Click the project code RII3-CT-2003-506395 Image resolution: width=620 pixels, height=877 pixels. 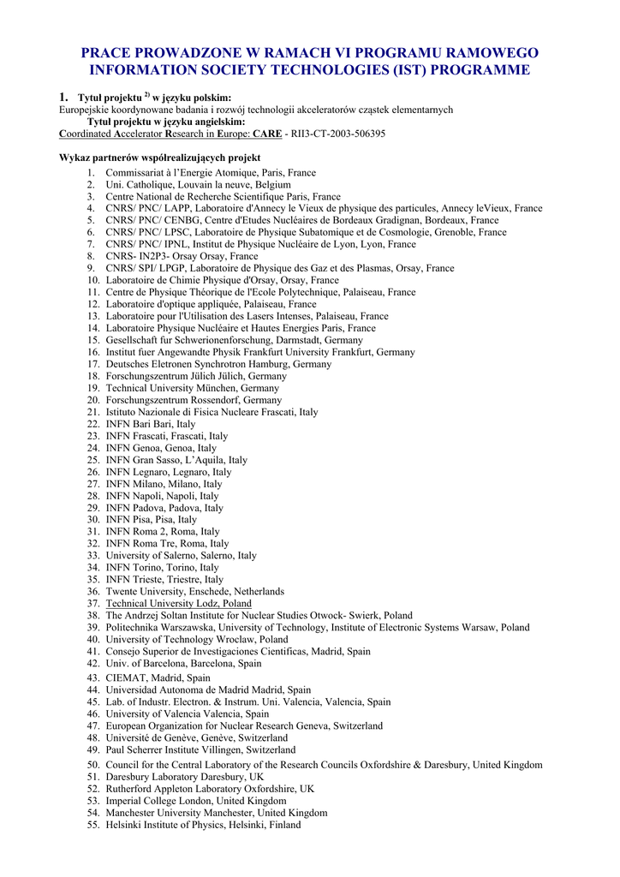tap(338, 134)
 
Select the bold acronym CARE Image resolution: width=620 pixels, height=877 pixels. tap(266, 134)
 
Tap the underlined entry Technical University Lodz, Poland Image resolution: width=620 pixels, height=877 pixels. tap(178, 604)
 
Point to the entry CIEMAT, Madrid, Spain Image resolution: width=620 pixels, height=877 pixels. tap(158, 677)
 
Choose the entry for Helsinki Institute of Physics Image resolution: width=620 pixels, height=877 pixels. tap(203, 825)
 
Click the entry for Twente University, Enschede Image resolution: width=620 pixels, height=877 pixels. tap(194, 592)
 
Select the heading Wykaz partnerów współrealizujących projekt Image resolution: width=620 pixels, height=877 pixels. tap(159, 158)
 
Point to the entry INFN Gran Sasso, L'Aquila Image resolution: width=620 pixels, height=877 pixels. tap(176, 460)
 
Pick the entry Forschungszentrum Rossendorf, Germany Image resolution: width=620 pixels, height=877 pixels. tap(194, 400)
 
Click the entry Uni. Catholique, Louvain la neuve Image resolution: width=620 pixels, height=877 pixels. tap(198, 184)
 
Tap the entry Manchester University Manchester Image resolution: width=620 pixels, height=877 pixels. tap(216, 813)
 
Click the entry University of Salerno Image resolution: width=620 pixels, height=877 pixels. tap(181, 556)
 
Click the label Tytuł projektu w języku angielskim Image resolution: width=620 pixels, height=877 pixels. tap(166, 122)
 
